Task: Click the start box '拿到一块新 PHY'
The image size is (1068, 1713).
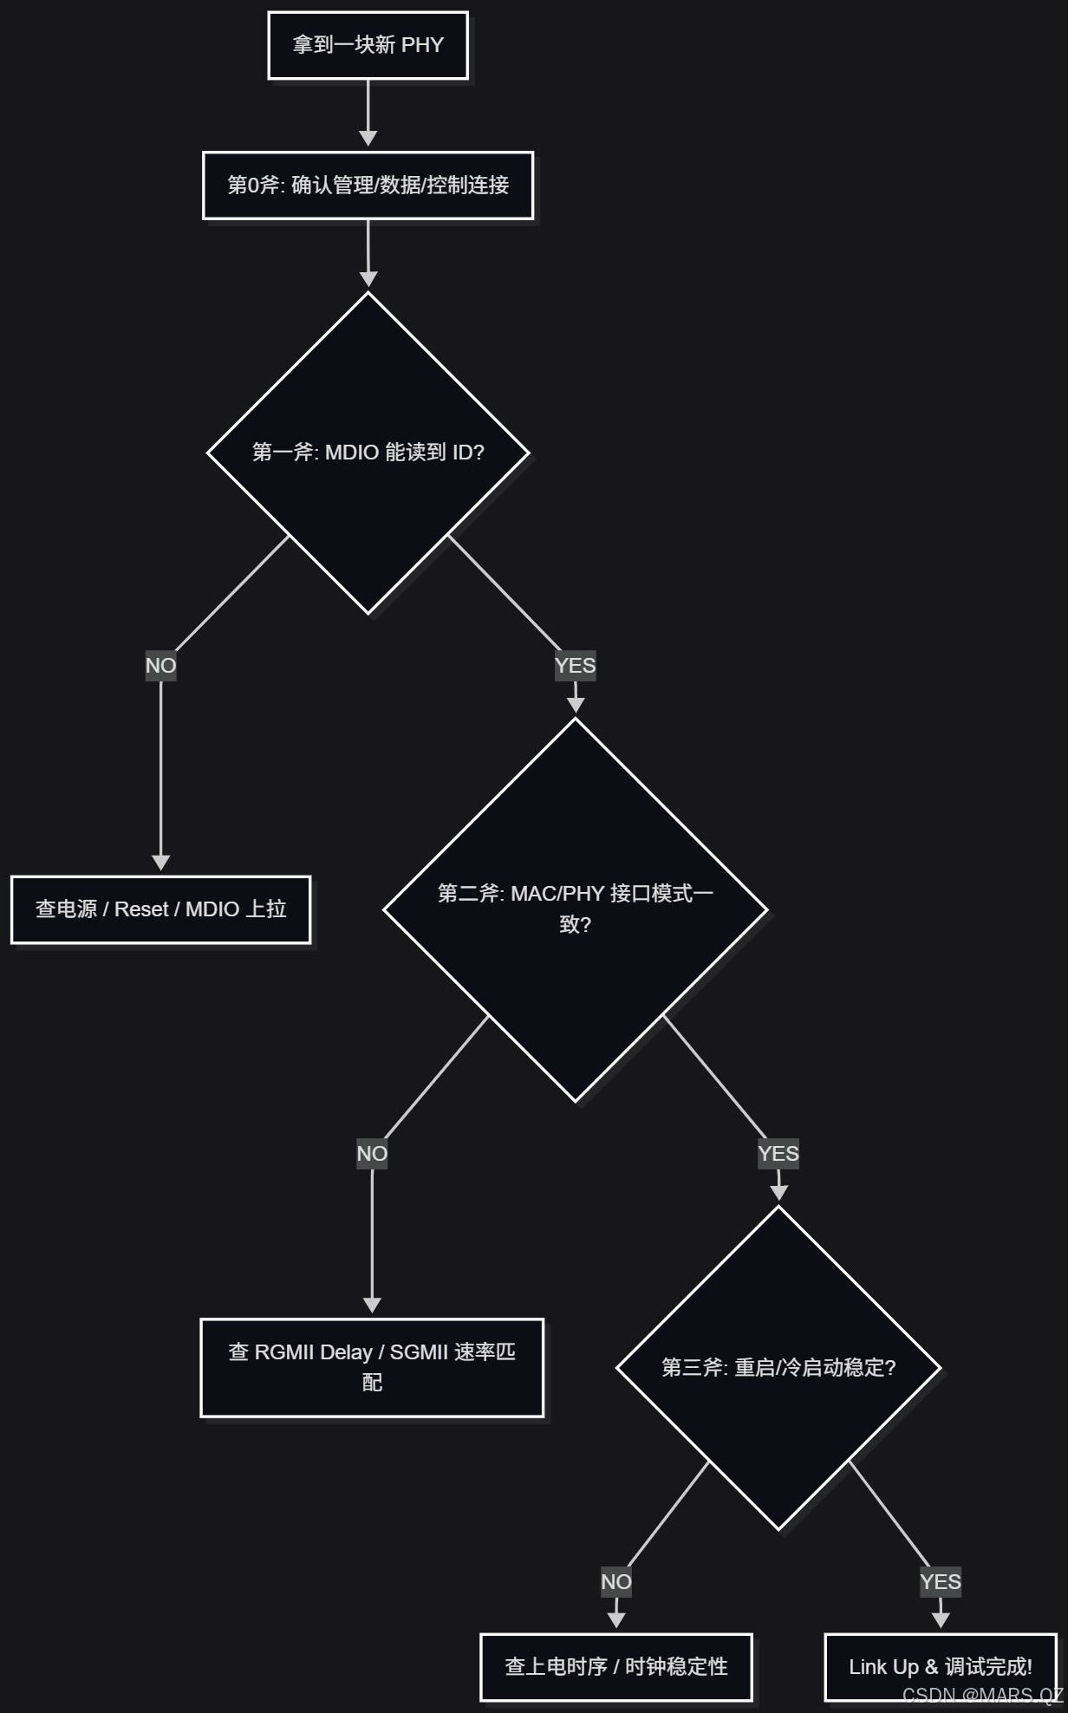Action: tap(368, 45)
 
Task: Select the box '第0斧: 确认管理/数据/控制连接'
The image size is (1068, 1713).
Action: tap(368, 186)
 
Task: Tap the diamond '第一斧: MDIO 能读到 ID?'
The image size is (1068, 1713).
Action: tap(368, 453)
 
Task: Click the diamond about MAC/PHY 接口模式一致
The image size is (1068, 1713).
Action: tap(575, 909)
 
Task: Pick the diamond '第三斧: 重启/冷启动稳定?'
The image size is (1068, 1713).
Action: tap(778, 1367)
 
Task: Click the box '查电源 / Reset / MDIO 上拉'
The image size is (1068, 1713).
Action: tap(160, 909)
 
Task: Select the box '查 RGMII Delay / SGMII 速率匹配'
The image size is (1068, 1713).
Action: tap(372, 1367)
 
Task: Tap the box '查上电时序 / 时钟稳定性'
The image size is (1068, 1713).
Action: tap(615, 1666)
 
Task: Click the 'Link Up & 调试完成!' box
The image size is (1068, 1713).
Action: tap(940, 1666)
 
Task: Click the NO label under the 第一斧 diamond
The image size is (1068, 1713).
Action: tap(160, 666)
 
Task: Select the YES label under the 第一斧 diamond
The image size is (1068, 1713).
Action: tap(575, 666)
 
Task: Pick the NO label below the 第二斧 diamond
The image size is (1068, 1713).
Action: tap(372, 1154)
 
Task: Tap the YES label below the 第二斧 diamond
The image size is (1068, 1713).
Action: tap(778, 1154)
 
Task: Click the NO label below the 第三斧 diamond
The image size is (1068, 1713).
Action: tap(615, 1582)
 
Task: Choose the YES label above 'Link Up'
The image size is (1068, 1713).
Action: tap(940, 1582)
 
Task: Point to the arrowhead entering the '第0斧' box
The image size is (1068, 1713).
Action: tap(368, 139)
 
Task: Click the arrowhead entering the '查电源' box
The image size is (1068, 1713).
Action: tap(160, 863)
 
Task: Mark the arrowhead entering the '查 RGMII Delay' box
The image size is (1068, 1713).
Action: tap(372, 1306)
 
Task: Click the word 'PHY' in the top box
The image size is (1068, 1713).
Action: tap(422, 45)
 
